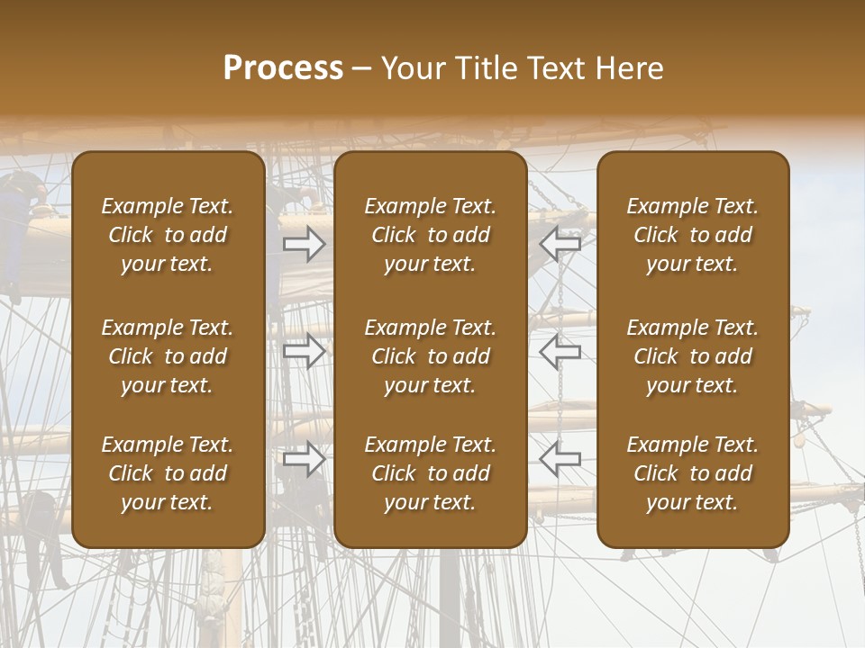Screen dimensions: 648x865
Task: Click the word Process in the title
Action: coord(283,68)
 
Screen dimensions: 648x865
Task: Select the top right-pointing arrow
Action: coord(305,244)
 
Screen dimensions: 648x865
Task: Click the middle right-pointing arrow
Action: coord(305,352)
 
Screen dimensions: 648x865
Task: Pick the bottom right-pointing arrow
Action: coord(305,460)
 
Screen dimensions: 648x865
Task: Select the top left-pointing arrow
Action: coord(560,244)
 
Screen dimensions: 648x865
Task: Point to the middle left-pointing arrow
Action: coord(560,352)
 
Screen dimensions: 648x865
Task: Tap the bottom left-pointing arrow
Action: coord(560,460)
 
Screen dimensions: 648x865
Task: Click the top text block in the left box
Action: coord(168,235)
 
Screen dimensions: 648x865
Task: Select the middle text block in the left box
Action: coord(168,356)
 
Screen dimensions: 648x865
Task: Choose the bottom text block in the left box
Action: coord(168,473)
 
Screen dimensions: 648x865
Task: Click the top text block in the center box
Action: coord(430,235)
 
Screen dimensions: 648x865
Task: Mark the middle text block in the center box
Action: coord(430,356)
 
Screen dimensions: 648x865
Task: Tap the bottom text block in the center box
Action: coord(430,473)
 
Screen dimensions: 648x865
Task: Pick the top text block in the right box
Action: coord(692,235)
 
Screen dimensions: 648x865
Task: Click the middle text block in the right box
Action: coord(692,356)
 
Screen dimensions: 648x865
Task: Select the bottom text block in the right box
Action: coord(692,473)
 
